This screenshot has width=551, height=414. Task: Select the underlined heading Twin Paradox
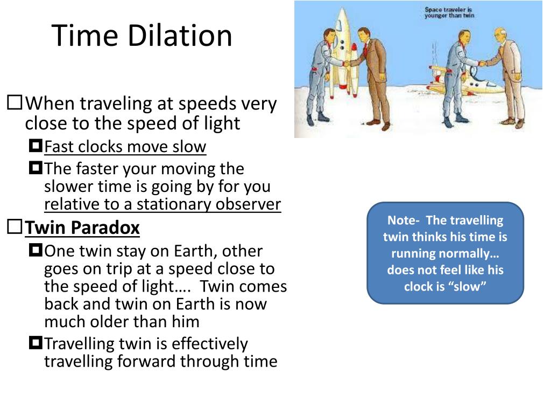point(82,228)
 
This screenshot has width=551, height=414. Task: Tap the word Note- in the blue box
point(403,220)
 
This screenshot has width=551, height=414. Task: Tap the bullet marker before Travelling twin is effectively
point(36,342)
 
